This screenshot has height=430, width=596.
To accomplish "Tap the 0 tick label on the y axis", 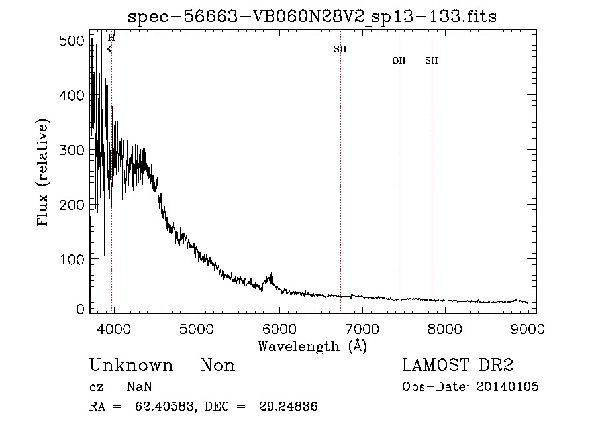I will pyautogui.click(x=79, y=309).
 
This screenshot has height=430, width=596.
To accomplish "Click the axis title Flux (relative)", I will pyautogui.click(x=44, y=174).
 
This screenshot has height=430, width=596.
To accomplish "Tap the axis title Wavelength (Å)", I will pyautogui.click(x=312, y=346).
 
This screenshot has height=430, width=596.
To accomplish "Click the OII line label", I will pyautogui.click(x=399, y=61).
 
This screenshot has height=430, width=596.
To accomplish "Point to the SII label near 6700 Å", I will pyautogui.click(x=340, y=49).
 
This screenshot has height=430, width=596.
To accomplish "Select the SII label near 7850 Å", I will pyautogui.click(x=432, y=61).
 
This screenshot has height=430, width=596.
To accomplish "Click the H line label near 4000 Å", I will pyautogui.click(x=111, y=38).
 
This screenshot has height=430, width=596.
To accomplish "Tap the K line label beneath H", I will pyautogui.click(x=109, y=49).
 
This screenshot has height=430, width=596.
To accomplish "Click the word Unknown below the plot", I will pyautogui.click(x=131, y=366).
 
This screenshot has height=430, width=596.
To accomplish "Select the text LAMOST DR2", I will pyautogui.click(x=458, y=366).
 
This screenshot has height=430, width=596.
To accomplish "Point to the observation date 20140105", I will pyautogui.click(x=507, y=387).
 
